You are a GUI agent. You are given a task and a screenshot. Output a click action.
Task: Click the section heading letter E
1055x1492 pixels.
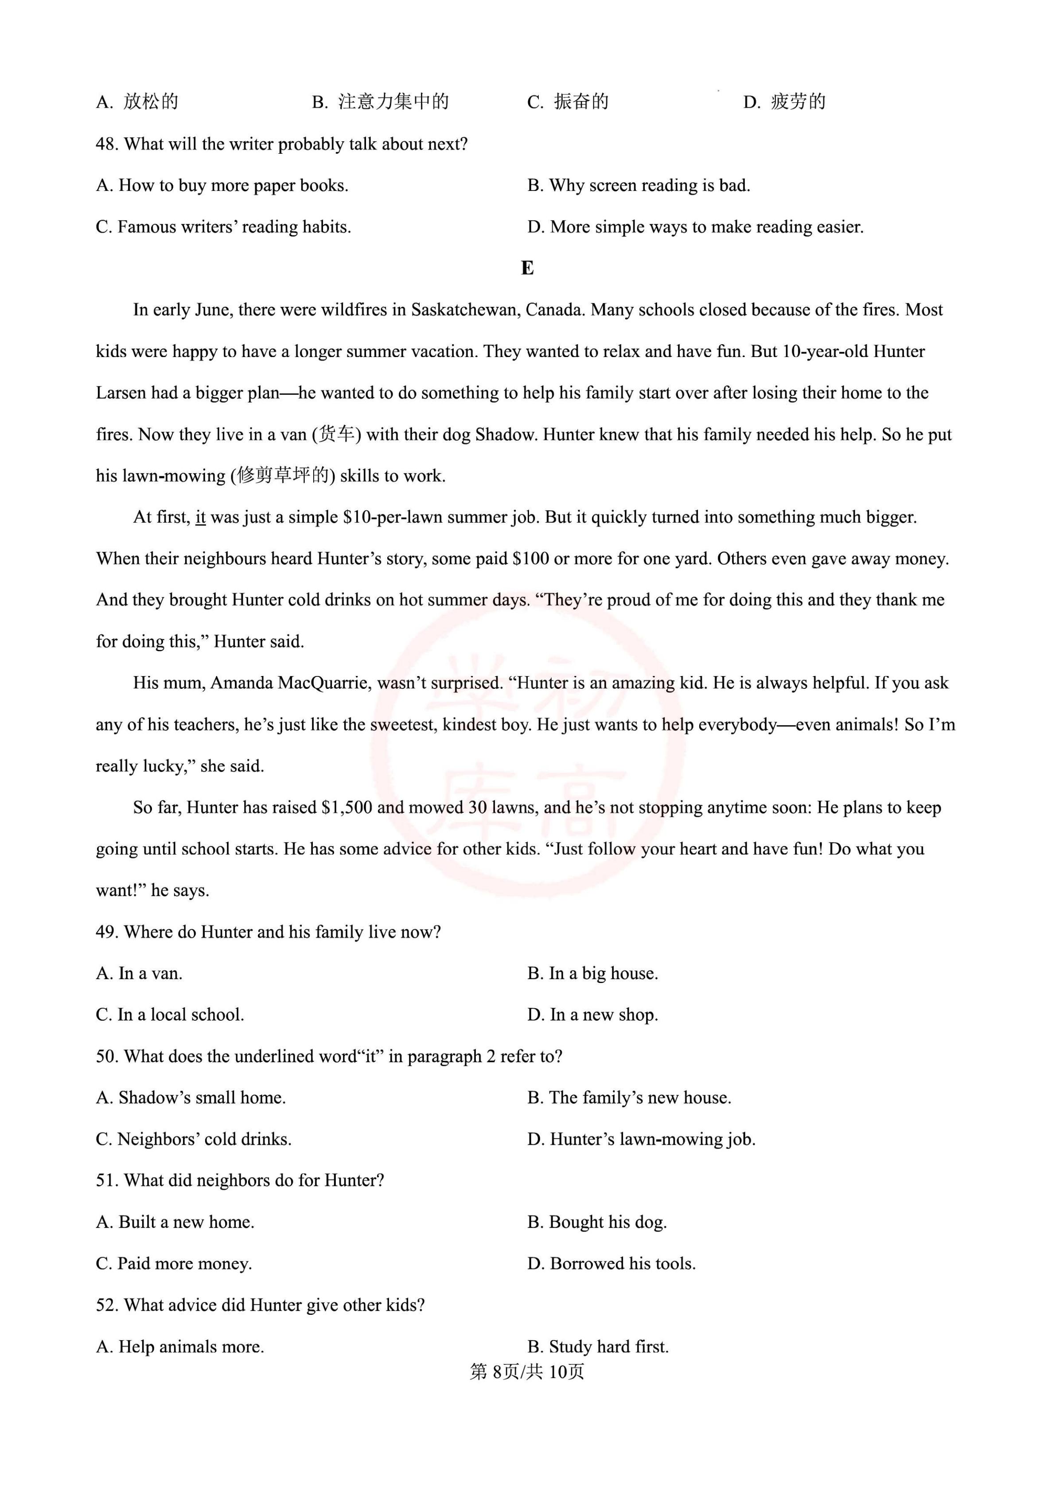point(527,268)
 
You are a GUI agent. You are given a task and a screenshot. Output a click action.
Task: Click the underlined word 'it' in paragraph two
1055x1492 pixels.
point(200,517)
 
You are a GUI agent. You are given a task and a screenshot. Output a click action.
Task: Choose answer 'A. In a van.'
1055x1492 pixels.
point(139,973)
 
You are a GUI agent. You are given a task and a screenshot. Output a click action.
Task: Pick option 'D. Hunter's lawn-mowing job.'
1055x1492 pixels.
point(641,1138)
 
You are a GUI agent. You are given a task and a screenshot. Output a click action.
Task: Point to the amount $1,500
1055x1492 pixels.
point(346,807)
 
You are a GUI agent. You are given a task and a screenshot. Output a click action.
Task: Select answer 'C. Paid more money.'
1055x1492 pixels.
point(174,1263)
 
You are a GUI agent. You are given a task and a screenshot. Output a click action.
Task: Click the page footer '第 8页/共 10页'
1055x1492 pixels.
point(527,1371)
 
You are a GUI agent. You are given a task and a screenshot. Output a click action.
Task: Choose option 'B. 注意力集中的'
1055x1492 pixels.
point(380,102)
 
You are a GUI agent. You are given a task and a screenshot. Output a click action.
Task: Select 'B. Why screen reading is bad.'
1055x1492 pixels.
point(638,186)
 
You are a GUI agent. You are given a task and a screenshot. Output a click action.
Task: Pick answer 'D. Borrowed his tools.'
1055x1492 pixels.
point(611,1263)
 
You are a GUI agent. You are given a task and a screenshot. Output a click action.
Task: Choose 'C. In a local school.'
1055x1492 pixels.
point(170,1014)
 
